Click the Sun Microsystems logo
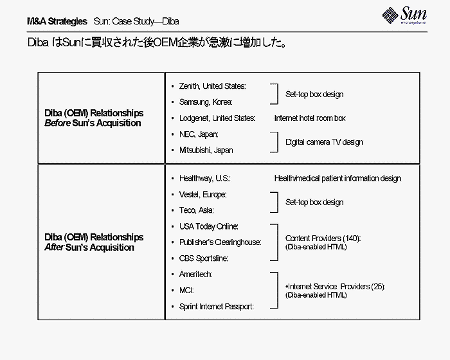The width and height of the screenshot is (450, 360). [404, 15]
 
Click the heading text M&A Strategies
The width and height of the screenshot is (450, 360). [57, 21]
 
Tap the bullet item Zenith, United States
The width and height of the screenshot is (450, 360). [212, 86]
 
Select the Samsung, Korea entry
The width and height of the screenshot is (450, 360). [206, 102]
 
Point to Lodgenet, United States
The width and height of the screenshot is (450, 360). [217, 118]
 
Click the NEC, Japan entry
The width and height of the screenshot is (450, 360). [199, 134]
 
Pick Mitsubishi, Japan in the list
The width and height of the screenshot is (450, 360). [206, 150]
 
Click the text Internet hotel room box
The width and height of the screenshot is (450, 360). [310, 118]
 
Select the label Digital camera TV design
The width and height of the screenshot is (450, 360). [324, 142]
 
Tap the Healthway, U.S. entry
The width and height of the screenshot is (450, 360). [205, 178]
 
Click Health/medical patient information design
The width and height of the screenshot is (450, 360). [337, 178]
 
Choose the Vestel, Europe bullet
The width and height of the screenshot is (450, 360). [203, 194]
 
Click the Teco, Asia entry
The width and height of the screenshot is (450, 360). [196, 210]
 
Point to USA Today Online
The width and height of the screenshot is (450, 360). [209, 226]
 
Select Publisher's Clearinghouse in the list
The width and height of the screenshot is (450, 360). [220, 242]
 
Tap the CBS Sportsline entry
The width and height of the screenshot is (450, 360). [204, 258]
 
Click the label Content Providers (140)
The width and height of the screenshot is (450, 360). [323, 239]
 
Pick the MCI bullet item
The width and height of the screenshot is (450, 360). [186, 291]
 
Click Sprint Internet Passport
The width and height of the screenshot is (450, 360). [217, 307]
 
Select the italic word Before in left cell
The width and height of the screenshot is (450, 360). [57, 123]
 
